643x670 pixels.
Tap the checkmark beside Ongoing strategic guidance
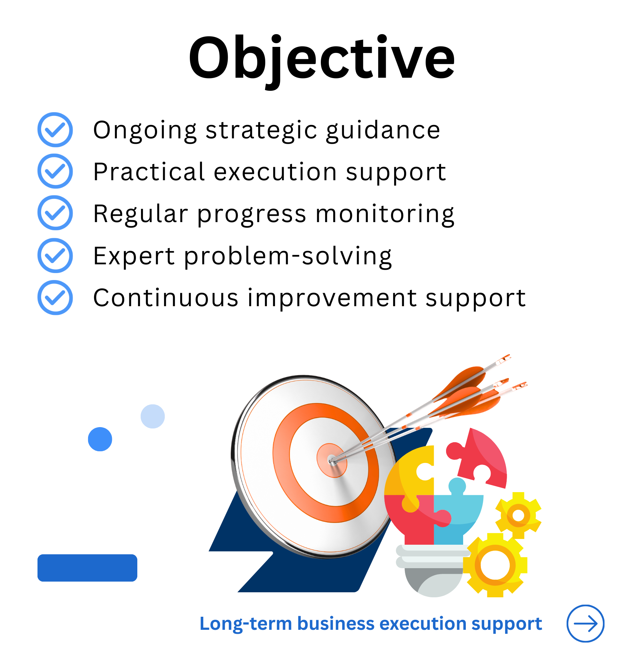(55, 130)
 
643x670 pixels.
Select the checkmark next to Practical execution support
(55, 171)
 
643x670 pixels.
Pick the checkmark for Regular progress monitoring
(55, 213)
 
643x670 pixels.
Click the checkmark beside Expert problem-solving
(55, 256)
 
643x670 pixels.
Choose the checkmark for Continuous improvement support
(55, 298)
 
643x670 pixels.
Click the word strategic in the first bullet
(261, 131)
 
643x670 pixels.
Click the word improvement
(332, 299)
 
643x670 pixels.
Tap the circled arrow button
(585, 623)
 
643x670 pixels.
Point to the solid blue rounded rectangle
(87, 568)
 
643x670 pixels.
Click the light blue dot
(153, 416)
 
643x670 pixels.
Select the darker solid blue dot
(100, 439)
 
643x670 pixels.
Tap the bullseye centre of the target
(332, 460)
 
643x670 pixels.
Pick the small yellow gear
(518, 516)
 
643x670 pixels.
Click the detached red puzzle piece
(478, 458)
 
